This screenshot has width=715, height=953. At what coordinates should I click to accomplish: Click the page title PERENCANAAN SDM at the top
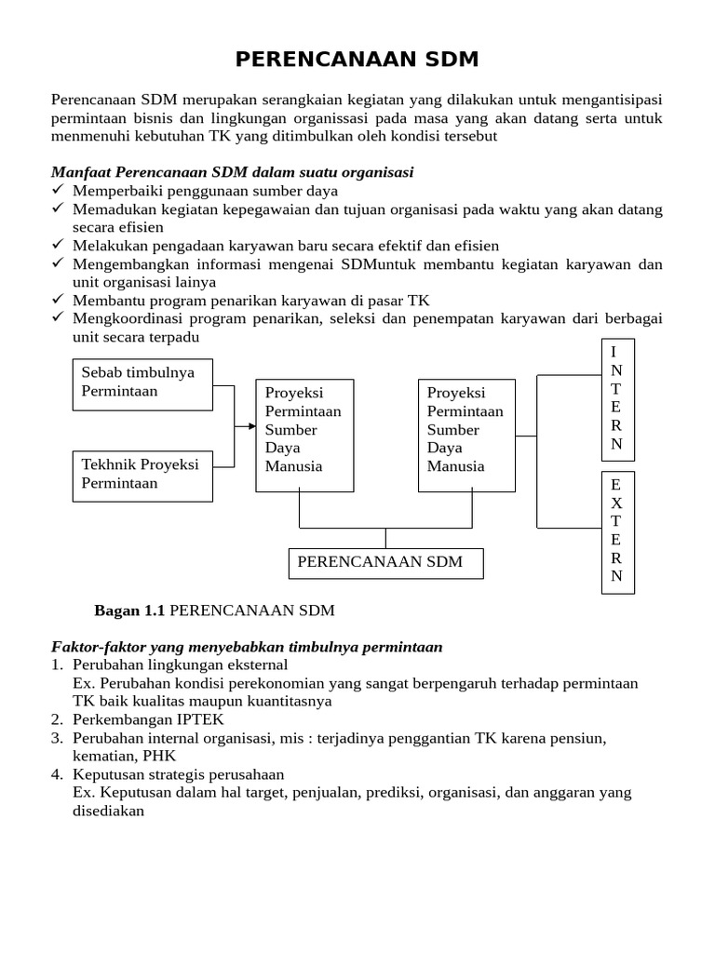tap(357, 60)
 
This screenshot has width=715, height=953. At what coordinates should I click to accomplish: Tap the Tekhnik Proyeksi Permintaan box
tap(142, 475)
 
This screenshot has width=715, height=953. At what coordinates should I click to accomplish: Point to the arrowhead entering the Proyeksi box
tap(251, 426)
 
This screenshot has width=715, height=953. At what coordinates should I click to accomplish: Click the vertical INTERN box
tap(616, 398)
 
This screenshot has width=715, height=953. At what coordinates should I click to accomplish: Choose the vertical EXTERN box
tap(616, 531)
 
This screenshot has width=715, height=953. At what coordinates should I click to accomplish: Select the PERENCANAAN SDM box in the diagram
tap(385, 563)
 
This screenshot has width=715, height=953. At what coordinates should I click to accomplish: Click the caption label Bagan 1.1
tap(129, 611)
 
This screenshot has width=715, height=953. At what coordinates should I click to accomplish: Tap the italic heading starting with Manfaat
tap(232, 172)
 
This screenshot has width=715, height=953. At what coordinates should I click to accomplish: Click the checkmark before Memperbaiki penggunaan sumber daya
tap(58, 191)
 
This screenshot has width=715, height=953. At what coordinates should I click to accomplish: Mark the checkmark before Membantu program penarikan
tap(58, 301)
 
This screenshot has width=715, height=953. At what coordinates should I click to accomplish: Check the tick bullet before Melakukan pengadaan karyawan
tap(58, 246)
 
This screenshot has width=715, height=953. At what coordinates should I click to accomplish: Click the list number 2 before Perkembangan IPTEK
tap(57, 719)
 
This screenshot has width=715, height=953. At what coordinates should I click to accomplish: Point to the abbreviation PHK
tap(158, 756)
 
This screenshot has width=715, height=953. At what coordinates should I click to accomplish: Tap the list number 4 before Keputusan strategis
tap(57, 774)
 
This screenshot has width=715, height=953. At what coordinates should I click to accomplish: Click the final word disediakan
tap(108, 811)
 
